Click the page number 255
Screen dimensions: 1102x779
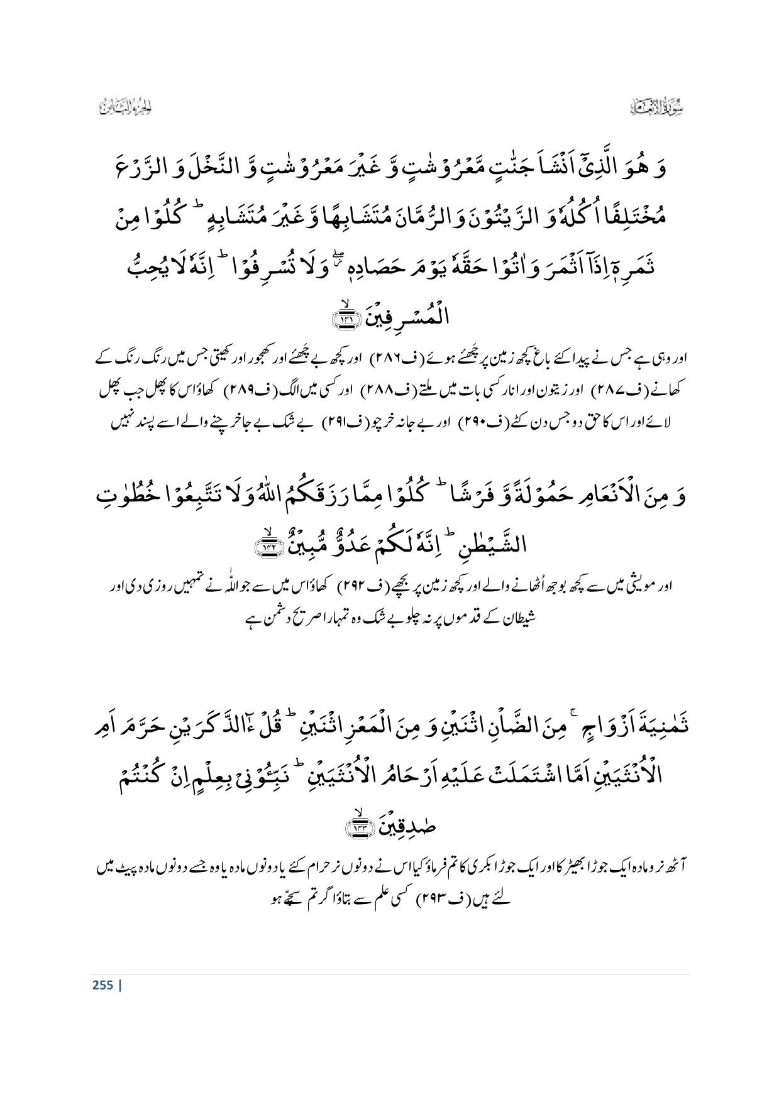tap(102, 985)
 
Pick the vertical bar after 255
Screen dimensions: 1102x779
tap(119, 985)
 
